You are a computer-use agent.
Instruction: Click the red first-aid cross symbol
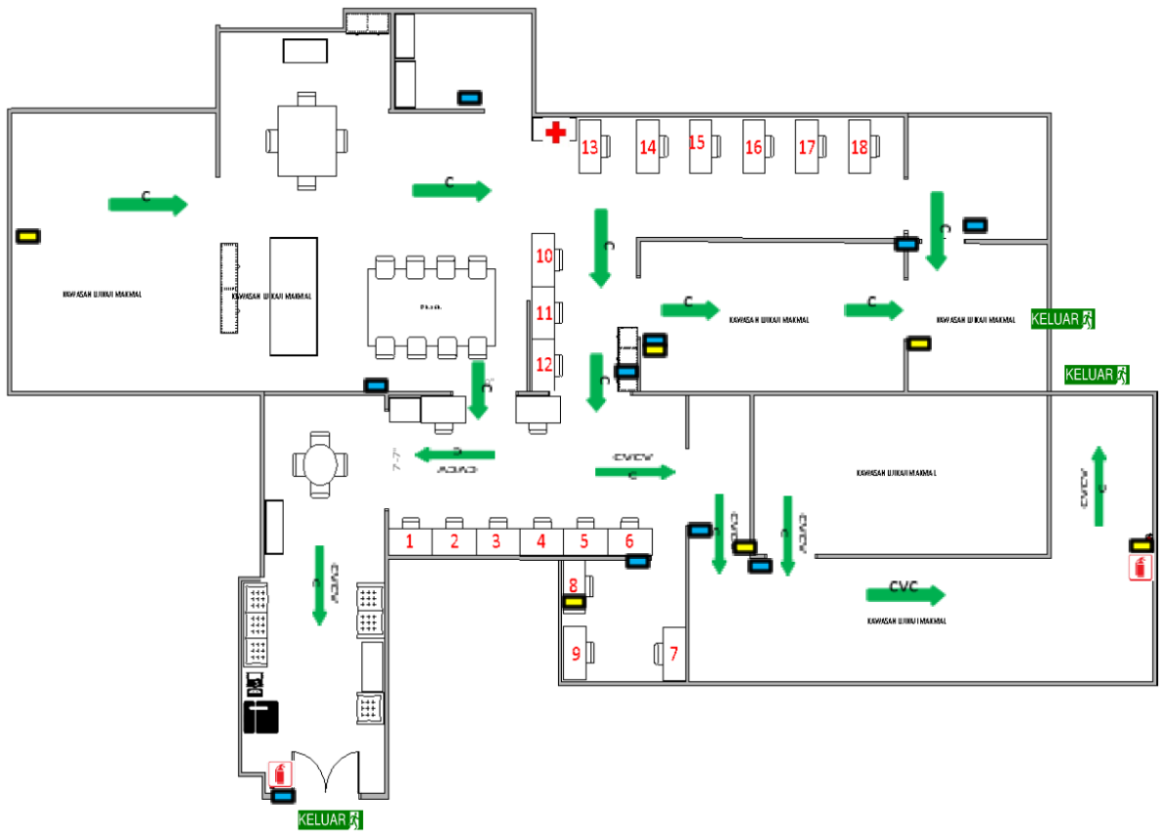click(x=555, y=132)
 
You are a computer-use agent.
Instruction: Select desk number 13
click(x=589, y=147)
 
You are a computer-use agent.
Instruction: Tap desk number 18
click(x=859, y=146)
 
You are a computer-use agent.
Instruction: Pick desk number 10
click(x=544, y=257)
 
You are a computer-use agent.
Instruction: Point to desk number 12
click(x=544, y=365)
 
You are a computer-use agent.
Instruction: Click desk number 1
click(x=411, y=539)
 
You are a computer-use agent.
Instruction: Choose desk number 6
click(x=629, y=539)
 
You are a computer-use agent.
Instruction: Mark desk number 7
click(x=672, y=652)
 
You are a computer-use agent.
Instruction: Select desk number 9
click(x=576, y=653)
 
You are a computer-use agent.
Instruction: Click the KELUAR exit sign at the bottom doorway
click(x=330, y=819)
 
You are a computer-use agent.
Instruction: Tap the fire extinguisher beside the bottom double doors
click(x=281, y=775)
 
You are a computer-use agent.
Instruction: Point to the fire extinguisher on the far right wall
click(x=1140, y=568)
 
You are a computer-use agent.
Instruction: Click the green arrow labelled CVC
click(x=905, y=594)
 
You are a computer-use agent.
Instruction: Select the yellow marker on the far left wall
click(x=27, y=236)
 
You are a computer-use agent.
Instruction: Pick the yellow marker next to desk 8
click(x=574, y=602)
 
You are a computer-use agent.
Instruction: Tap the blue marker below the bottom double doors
click(x=284, y=795)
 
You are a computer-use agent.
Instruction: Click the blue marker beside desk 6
click(x=637, y=561)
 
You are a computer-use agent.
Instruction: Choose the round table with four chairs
click(x=320, y=466)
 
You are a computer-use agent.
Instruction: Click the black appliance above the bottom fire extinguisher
click(x=261, y=716)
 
